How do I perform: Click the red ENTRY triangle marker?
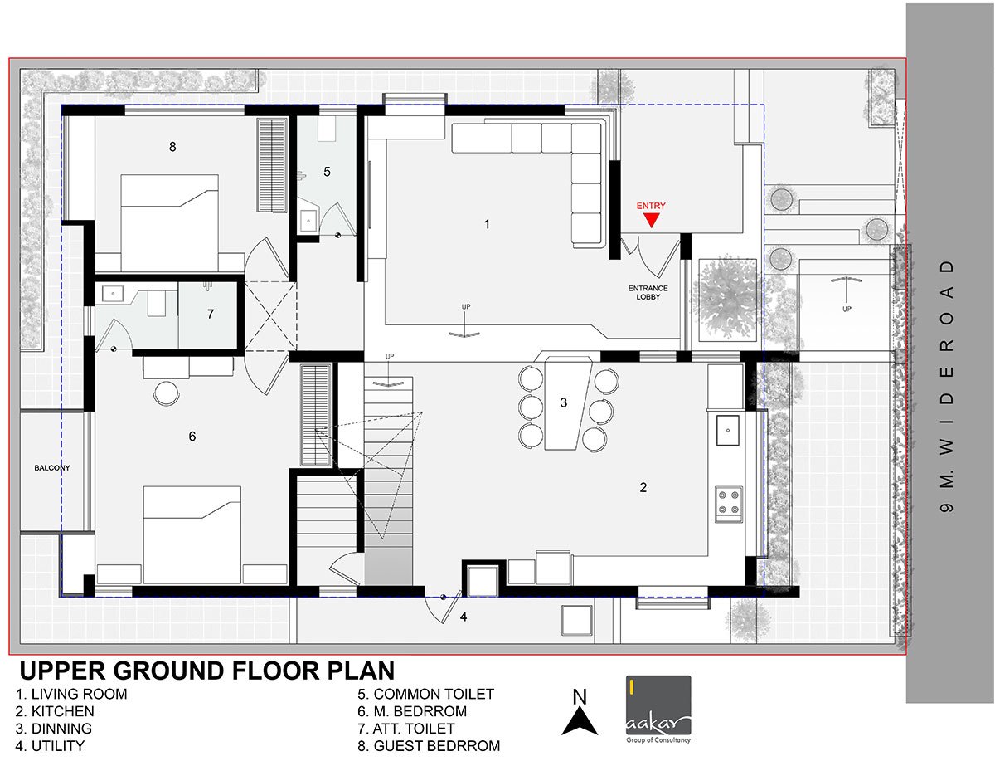click(652, 219)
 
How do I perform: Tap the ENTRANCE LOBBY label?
click(648, 293)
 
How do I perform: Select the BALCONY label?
click(52, 468)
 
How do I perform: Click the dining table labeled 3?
click(566, 404)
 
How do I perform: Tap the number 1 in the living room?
click(488, 224)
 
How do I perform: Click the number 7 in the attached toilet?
click(211, 315)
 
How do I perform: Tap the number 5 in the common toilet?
click(327, 172)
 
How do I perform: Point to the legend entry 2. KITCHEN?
click(55, 711)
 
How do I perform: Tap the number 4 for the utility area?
click(464, 617)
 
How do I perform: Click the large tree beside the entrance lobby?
click(729, 298)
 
